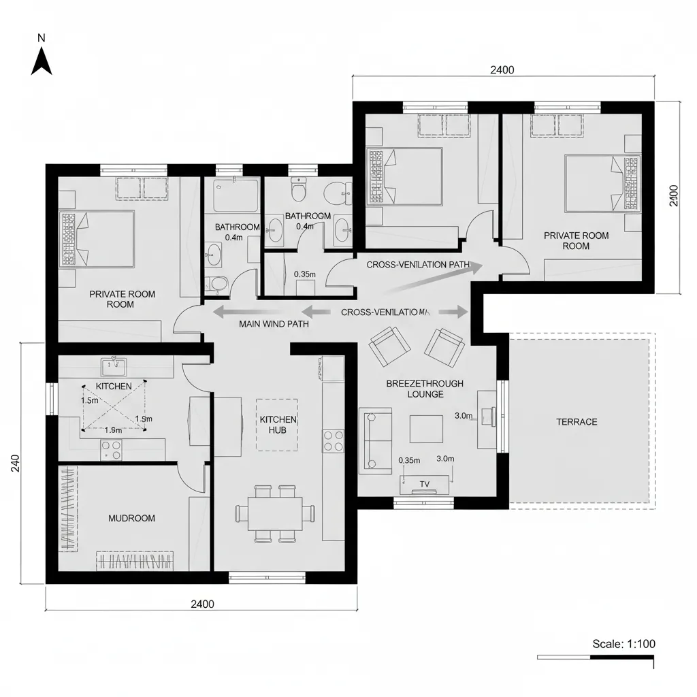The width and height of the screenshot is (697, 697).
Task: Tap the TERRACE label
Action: coord(577,422)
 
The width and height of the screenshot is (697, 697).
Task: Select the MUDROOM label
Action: coord(131,518)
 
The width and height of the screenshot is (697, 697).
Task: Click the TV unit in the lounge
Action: coord(425,485)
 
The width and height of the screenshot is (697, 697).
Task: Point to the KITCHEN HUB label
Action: coord(278,425)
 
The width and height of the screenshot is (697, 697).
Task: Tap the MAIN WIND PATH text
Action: coord(274,325)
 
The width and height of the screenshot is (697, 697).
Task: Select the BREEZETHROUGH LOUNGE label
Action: coord(425,389)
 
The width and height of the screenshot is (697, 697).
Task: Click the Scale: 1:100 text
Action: coord(624,644)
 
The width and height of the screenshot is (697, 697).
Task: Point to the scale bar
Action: coord(595,658)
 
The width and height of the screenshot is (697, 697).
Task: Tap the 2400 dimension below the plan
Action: coord(202,604)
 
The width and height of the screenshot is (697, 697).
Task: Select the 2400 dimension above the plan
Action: coord(502,69)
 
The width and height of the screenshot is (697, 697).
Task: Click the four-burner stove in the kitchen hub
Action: coord(333,440)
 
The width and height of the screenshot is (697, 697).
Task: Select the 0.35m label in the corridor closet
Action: coord(304,274)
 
